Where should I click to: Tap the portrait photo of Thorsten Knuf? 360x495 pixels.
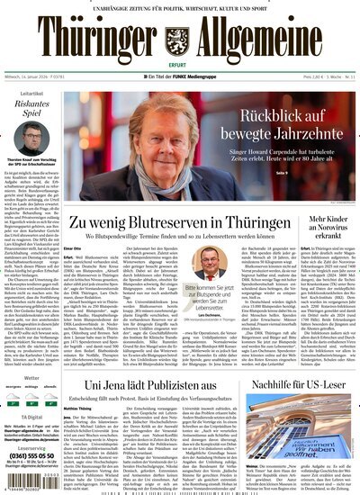tap(32, 141)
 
